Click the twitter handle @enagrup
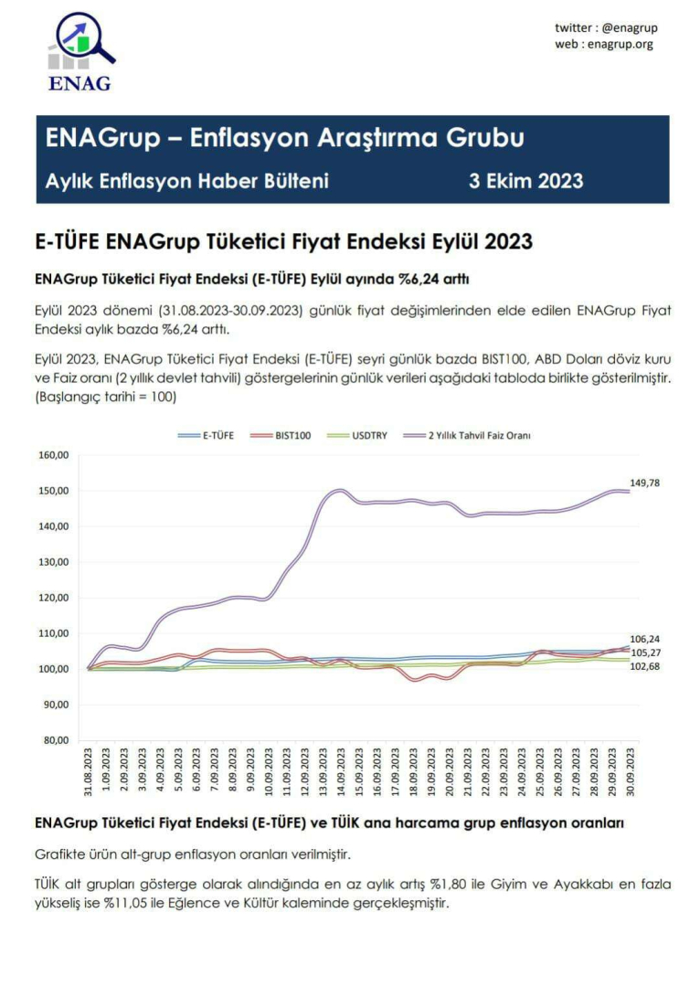[630, 27]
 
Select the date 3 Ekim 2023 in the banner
[525, 181]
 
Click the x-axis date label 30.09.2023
[631, 771]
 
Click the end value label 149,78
[645, 483]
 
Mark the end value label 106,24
[645, 639]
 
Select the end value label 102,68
[645, 666]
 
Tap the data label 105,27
[645, 653]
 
